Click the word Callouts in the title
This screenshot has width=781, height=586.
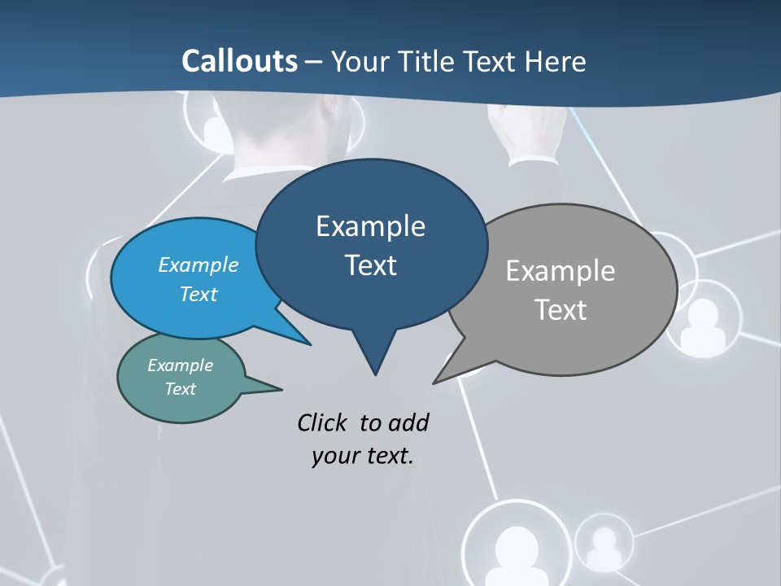(239, 61)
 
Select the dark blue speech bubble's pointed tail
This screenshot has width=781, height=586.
(374, 358)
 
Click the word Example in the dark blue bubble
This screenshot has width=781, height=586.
(370, 226)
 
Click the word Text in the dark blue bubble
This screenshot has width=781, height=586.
(370, 265)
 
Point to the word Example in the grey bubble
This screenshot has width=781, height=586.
(561, 271)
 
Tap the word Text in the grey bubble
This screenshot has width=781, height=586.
(561, 310)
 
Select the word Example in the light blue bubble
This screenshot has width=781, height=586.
(199, 265)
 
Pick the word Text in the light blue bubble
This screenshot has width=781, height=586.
(199, 294)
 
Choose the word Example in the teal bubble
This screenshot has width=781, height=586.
(181, 365)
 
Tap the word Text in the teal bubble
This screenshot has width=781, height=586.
(181, 389)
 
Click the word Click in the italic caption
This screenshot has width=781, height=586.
(323, 422)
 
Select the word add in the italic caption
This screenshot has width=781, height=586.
(408, 422)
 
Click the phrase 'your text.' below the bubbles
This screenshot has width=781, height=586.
(363, 456)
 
